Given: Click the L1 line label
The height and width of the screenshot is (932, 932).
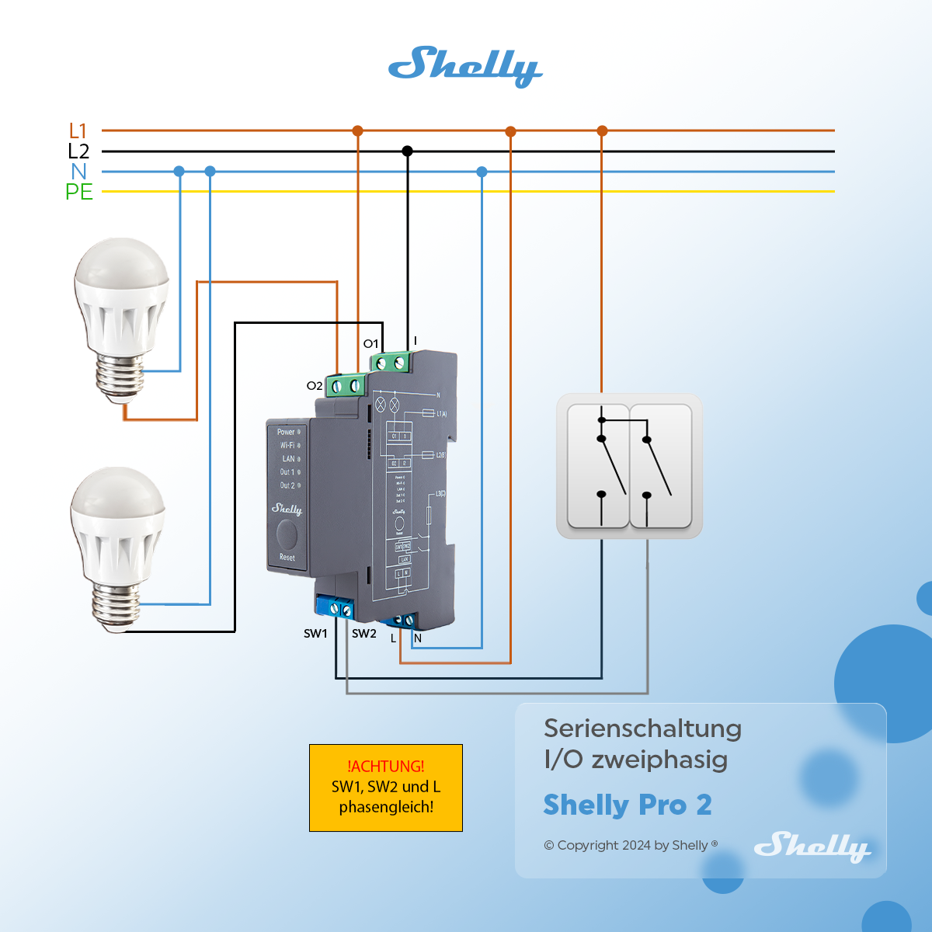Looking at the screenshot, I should click(78, 131).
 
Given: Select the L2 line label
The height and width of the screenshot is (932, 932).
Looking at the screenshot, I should click(78, 151).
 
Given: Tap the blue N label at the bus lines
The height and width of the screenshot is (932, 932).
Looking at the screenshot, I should click(78, 172).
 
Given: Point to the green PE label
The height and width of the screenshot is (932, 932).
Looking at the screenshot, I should click(79, 192).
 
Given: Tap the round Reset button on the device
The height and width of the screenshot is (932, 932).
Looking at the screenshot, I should click(287, 534).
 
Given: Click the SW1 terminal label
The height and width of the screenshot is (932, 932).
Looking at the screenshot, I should click(315, 634).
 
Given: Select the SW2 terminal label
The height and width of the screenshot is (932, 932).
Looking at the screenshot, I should click(363, 634).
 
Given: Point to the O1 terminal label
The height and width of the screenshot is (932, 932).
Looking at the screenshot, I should click(370, 344).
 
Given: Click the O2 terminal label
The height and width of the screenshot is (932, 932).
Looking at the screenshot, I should click(314, 386).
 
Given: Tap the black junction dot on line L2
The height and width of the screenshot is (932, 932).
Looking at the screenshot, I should click(407, 151).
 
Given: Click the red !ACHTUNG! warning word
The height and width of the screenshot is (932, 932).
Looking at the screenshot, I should click(386, 767).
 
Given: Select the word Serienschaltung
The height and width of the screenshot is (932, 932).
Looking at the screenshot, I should click(642, 729).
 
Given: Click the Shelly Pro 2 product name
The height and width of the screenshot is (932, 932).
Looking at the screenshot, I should click(628, 805).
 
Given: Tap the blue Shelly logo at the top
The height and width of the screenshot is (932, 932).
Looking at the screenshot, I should click(464, 66).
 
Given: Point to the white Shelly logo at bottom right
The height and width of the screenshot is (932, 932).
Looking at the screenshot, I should click(812, 846).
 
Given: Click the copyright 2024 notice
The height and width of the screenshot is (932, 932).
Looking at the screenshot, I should click(630, 845).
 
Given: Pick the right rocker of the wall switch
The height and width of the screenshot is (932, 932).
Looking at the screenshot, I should click(661, 466).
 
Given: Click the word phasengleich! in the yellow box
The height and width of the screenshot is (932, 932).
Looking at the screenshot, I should click(386, 807).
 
